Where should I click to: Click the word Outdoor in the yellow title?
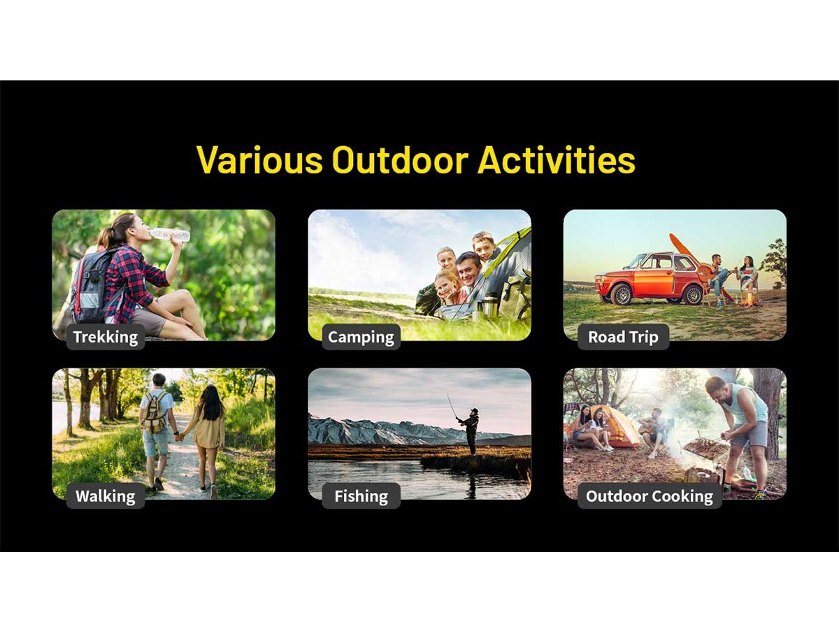pos(400,159)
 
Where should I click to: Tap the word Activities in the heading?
pos(557,159)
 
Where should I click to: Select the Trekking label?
pos(106,337)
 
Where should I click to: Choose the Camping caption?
pos(361,337)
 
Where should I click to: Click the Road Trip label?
pos(623,337)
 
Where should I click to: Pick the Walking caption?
pos(106,496)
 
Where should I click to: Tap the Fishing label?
pos(361,496)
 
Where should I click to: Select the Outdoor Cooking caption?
pos(650,496)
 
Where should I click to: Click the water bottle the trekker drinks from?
pos(170,235)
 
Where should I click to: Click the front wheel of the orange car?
pos(622,294)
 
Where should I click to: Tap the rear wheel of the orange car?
pos(693,294)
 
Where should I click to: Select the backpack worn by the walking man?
pos(155,412)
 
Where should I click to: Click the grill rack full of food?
pos(705,447)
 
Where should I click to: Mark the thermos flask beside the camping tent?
pos(489,305)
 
